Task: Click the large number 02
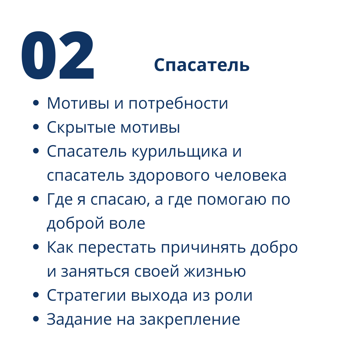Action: pyautogui.click(x=57, y=55)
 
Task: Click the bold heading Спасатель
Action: pyautogui.click(x=202, y=65)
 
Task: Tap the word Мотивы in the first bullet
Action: pyautogui.click(x=78, y=103)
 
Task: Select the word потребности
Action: pyautogui.click(x=178, y=104)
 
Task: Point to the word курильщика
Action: pyautogui.click(x=180, y=152)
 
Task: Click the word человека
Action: pyautogui.click(x=250, y=176)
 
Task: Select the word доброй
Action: pyautogui.click(x=76, y=223)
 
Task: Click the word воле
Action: pyautogui.click(x=127, y=223)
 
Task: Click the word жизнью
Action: pyautogui.click(x=215, y=271)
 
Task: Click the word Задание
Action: pyautogui.click(x=79, y=320)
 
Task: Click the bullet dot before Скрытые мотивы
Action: pyautogui.click(x=36, y=127)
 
